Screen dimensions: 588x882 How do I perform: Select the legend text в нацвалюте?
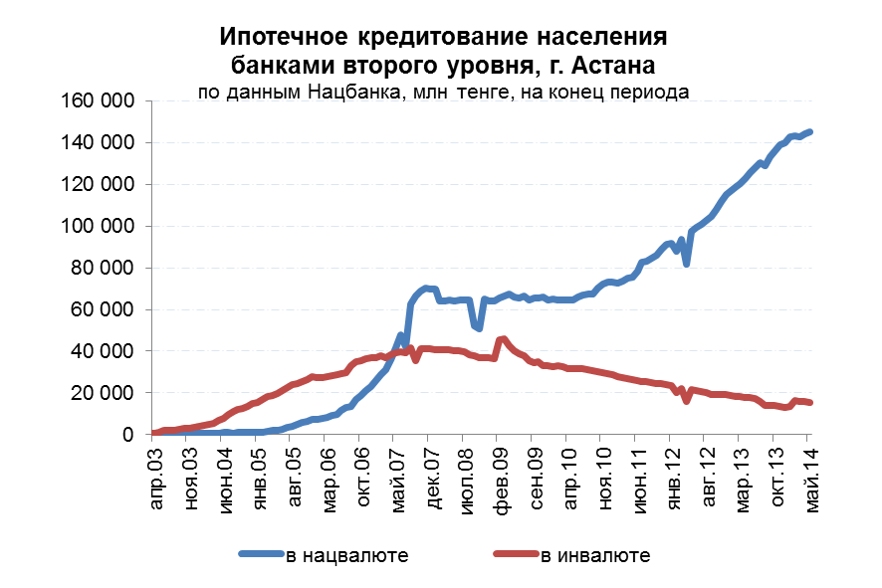click(346, 555)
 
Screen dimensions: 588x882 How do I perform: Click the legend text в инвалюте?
click(595, 555)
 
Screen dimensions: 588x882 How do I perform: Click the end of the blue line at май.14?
click(809, 132)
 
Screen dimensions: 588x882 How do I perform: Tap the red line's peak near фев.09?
click(503, 339)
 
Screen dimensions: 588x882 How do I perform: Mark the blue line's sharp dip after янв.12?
click(687, 264)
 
